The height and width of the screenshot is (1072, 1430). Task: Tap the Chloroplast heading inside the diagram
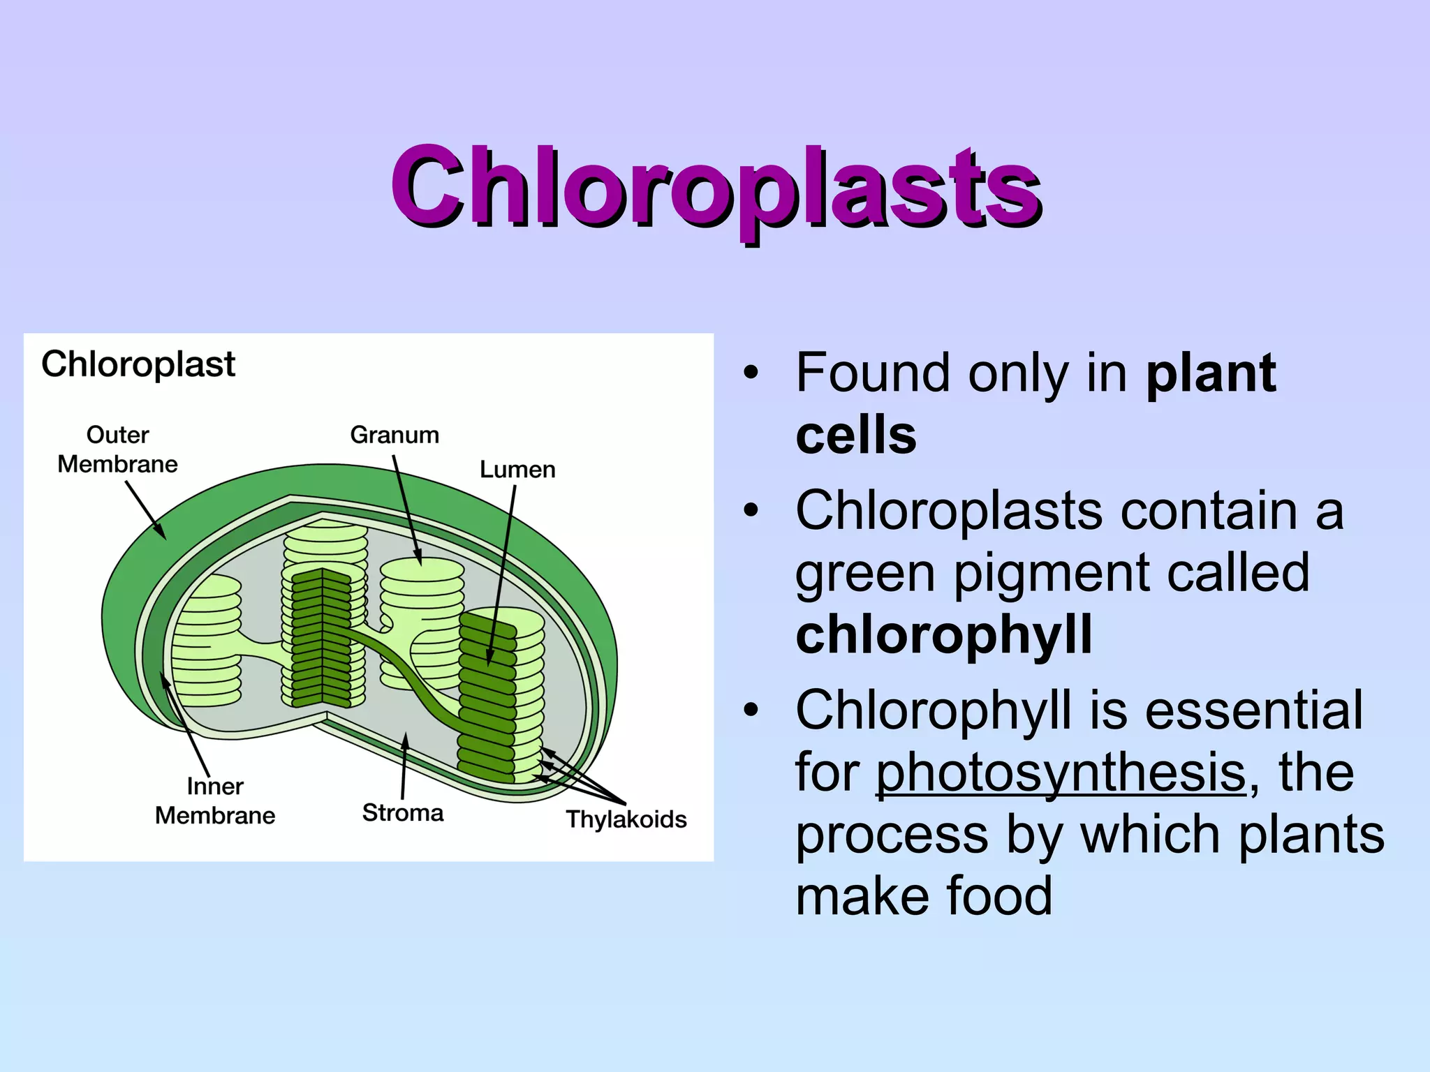(x=138, y=364)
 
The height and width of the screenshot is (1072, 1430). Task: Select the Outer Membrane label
(x=117, y=449)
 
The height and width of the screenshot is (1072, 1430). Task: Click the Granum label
(x=395, y=435)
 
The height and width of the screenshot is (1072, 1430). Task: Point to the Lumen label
(x=517, y=470)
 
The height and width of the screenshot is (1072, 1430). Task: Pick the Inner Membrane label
(x=214, y=801)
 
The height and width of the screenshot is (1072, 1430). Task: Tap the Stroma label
(x=403, y=813)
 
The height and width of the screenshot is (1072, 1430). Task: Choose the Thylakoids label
(x=626, y=819)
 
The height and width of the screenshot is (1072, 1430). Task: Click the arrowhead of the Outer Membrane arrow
(x=163, y=535)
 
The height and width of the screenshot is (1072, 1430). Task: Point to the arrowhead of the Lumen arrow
(x=489, y=660)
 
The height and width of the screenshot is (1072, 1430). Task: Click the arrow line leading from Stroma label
(x=404, y=768)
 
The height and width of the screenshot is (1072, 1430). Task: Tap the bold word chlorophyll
(x=943, y=634)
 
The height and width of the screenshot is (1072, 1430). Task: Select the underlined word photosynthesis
(x=1061, y=773)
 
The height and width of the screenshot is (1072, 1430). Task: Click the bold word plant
(x=1211, y=373)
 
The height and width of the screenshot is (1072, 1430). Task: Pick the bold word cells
(x=855, y=435)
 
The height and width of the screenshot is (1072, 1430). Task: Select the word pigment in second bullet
(x=1051, y=573)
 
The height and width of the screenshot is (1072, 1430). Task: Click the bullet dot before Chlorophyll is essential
(x=751, y=710)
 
